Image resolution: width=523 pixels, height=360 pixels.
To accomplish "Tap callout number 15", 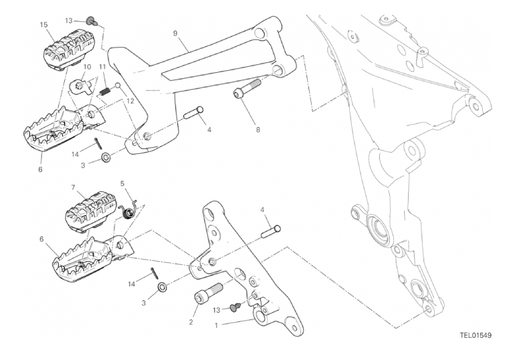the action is click(43, 24).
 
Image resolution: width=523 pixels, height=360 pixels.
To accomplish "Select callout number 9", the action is click(175, 33).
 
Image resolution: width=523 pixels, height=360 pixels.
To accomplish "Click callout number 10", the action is click(87, 67).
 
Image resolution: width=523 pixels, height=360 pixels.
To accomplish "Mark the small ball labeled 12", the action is click(118, 86).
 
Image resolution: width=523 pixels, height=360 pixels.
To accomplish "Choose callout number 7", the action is click(74, 187).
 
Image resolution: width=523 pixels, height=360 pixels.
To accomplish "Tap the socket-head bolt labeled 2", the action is click(208, 293).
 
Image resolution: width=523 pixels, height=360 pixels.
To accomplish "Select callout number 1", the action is click(217, 325).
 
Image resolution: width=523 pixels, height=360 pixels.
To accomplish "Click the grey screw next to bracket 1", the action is click(236, 306).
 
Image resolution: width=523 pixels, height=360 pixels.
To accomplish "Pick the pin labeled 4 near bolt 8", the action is click(194, 112).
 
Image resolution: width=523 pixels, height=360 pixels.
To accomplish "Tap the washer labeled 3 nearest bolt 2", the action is click(163, 287).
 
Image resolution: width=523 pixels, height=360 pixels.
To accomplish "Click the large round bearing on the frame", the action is click(379, 230).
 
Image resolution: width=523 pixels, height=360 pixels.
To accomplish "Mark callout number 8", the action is click(258, 130).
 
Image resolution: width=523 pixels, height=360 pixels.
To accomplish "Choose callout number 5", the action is click(122, 183).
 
